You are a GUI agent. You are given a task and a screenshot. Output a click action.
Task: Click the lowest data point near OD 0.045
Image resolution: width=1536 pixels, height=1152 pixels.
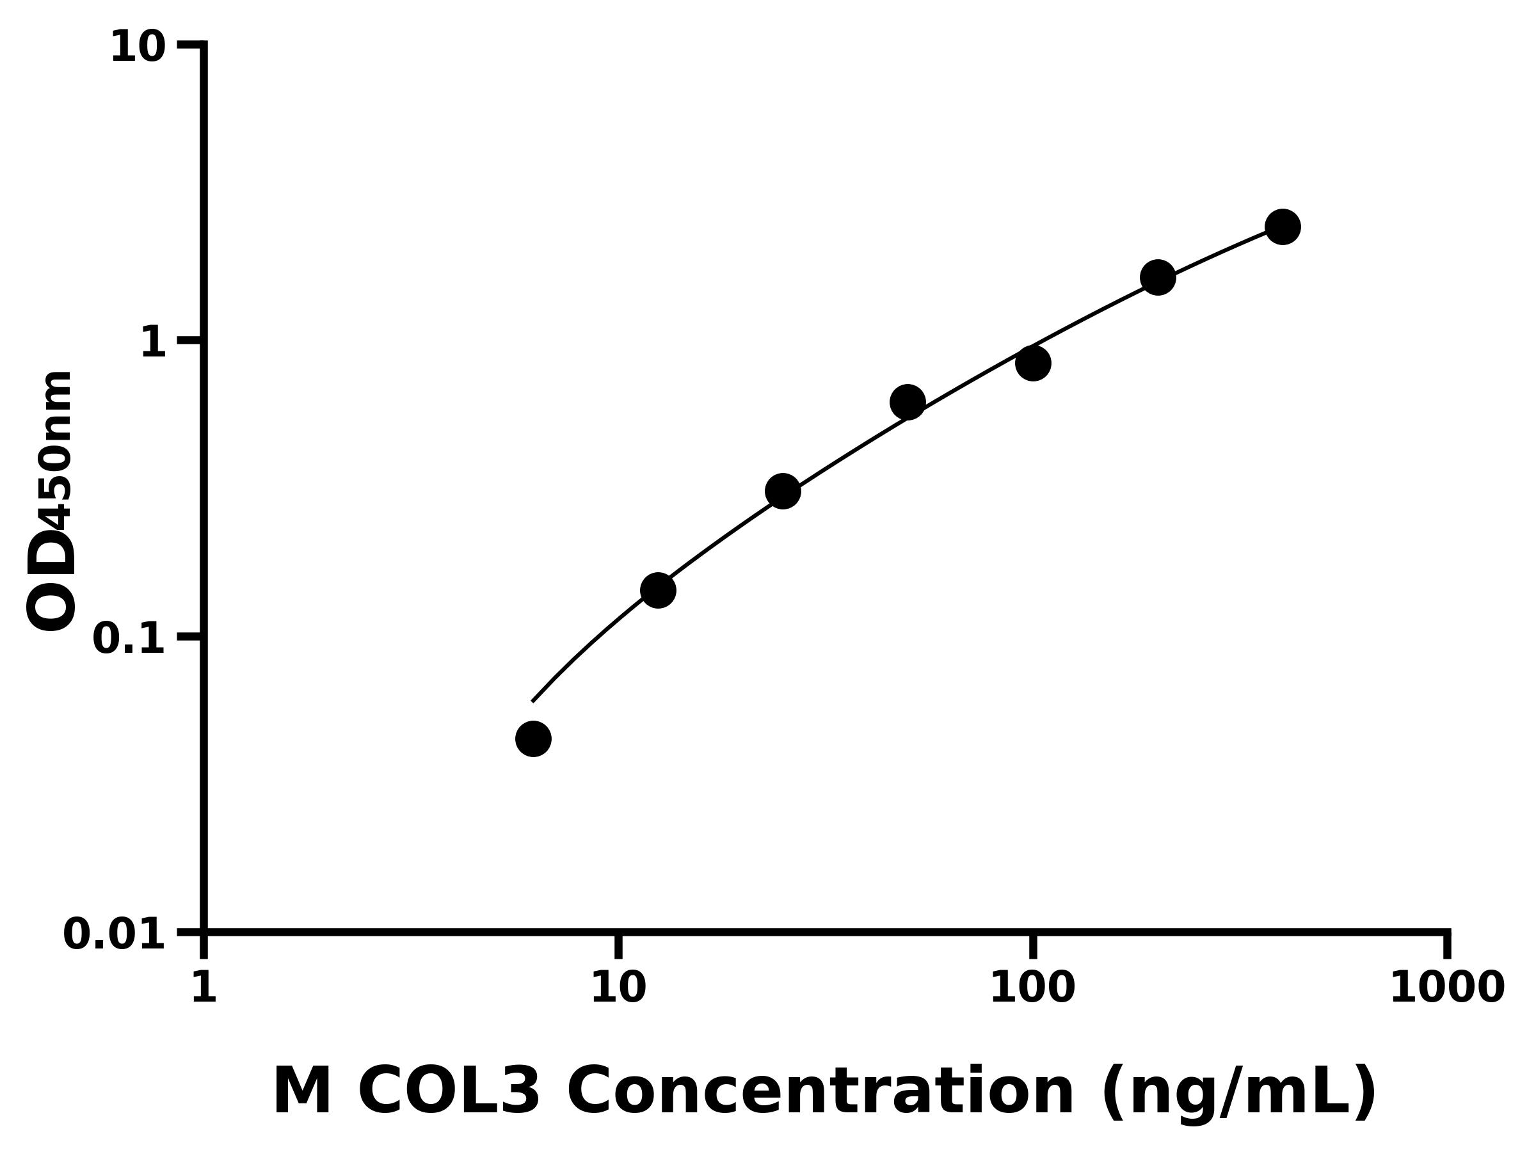click(x=533, y=739)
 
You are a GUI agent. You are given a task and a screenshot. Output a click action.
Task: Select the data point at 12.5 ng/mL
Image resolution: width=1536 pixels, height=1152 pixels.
click(x=657, y=590)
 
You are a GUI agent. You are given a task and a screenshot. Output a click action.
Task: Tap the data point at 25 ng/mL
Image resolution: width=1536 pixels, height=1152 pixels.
click(x=783, y=492)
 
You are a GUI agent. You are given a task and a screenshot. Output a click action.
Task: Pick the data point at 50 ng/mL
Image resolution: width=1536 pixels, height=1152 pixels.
click(x=907, y=402)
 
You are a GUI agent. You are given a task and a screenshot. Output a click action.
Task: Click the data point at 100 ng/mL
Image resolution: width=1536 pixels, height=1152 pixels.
click(x=1032, y=363)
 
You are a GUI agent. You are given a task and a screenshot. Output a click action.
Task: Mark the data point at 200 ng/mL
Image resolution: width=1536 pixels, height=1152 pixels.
click(x=1158, y=278)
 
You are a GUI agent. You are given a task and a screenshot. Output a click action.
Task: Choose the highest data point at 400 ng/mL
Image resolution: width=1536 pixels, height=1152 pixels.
click(x=1283, y=227)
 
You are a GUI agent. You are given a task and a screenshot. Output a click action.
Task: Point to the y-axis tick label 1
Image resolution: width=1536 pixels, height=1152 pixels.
click(x=154, y=343)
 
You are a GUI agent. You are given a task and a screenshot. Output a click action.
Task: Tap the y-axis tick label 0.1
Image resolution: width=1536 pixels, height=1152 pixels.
click(x=129, y=639)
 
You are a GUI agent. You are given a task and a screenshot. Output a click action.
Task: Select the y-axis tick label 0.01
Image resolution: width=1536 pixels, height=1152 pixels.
click(x=115, y=934)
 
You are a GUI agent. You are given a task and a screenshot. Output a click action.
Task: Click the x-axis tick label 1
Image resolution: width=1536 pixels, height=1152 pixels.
click(x=204, y=988)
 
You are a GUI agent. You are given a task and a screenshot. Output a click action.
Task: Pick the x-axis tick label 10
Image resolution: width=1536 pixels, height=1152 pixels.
click(x=618, y=988)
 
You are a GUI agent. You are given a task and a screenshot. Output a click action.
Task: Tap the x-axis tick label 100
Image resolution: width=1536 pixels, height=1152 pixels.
click(x=1032, y=988)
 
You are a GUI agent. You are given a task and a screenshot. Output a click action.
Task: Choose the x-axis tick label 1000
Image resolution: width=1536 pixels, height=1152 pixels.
click(x=1447, y=988)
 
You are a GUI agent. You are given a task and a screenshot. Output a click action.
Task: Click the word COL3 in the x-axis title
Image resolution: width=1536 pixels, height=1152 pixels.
click(x=449, y=1092)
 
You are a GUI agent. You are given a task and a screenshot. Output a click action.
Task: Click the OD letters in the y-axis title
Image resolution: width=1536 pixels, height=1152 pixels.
click(x=51, y=580)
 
